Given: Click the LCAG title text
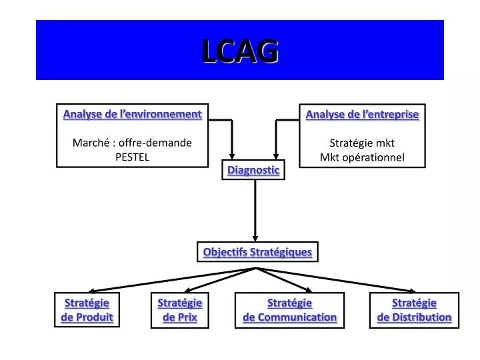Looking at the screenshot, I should click(240, 51).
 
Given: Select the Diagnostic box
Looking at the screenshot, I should click(253, 170).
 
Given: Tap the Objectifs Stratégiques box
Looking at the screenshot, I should click(257, 252).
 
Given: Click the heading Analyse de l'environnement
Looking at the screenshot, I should click(132, 114).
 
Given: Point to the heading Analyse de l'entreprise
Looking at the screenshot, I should click(362, 114).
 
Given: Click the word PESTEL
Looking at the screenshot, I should click(132, 156).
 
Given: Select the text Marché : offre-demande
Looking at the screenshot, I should click(132, 142).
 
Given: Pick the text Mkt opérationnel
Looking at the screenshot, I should click(362, 157).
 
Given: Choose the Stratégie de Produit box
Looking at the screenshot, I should click(87, 310).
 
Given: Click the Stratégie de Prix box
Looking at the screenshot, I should click(179, 310).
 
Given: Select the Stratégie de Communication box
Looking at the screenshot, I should click(289, 310).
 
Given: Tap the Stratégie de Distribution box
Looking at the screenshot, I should click(414, 310).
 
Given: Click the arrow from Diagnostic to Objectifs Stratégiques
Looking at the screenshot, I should click(255, 210).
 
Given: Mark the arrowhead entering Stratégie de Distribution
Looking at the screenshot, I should click(412, 289).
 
